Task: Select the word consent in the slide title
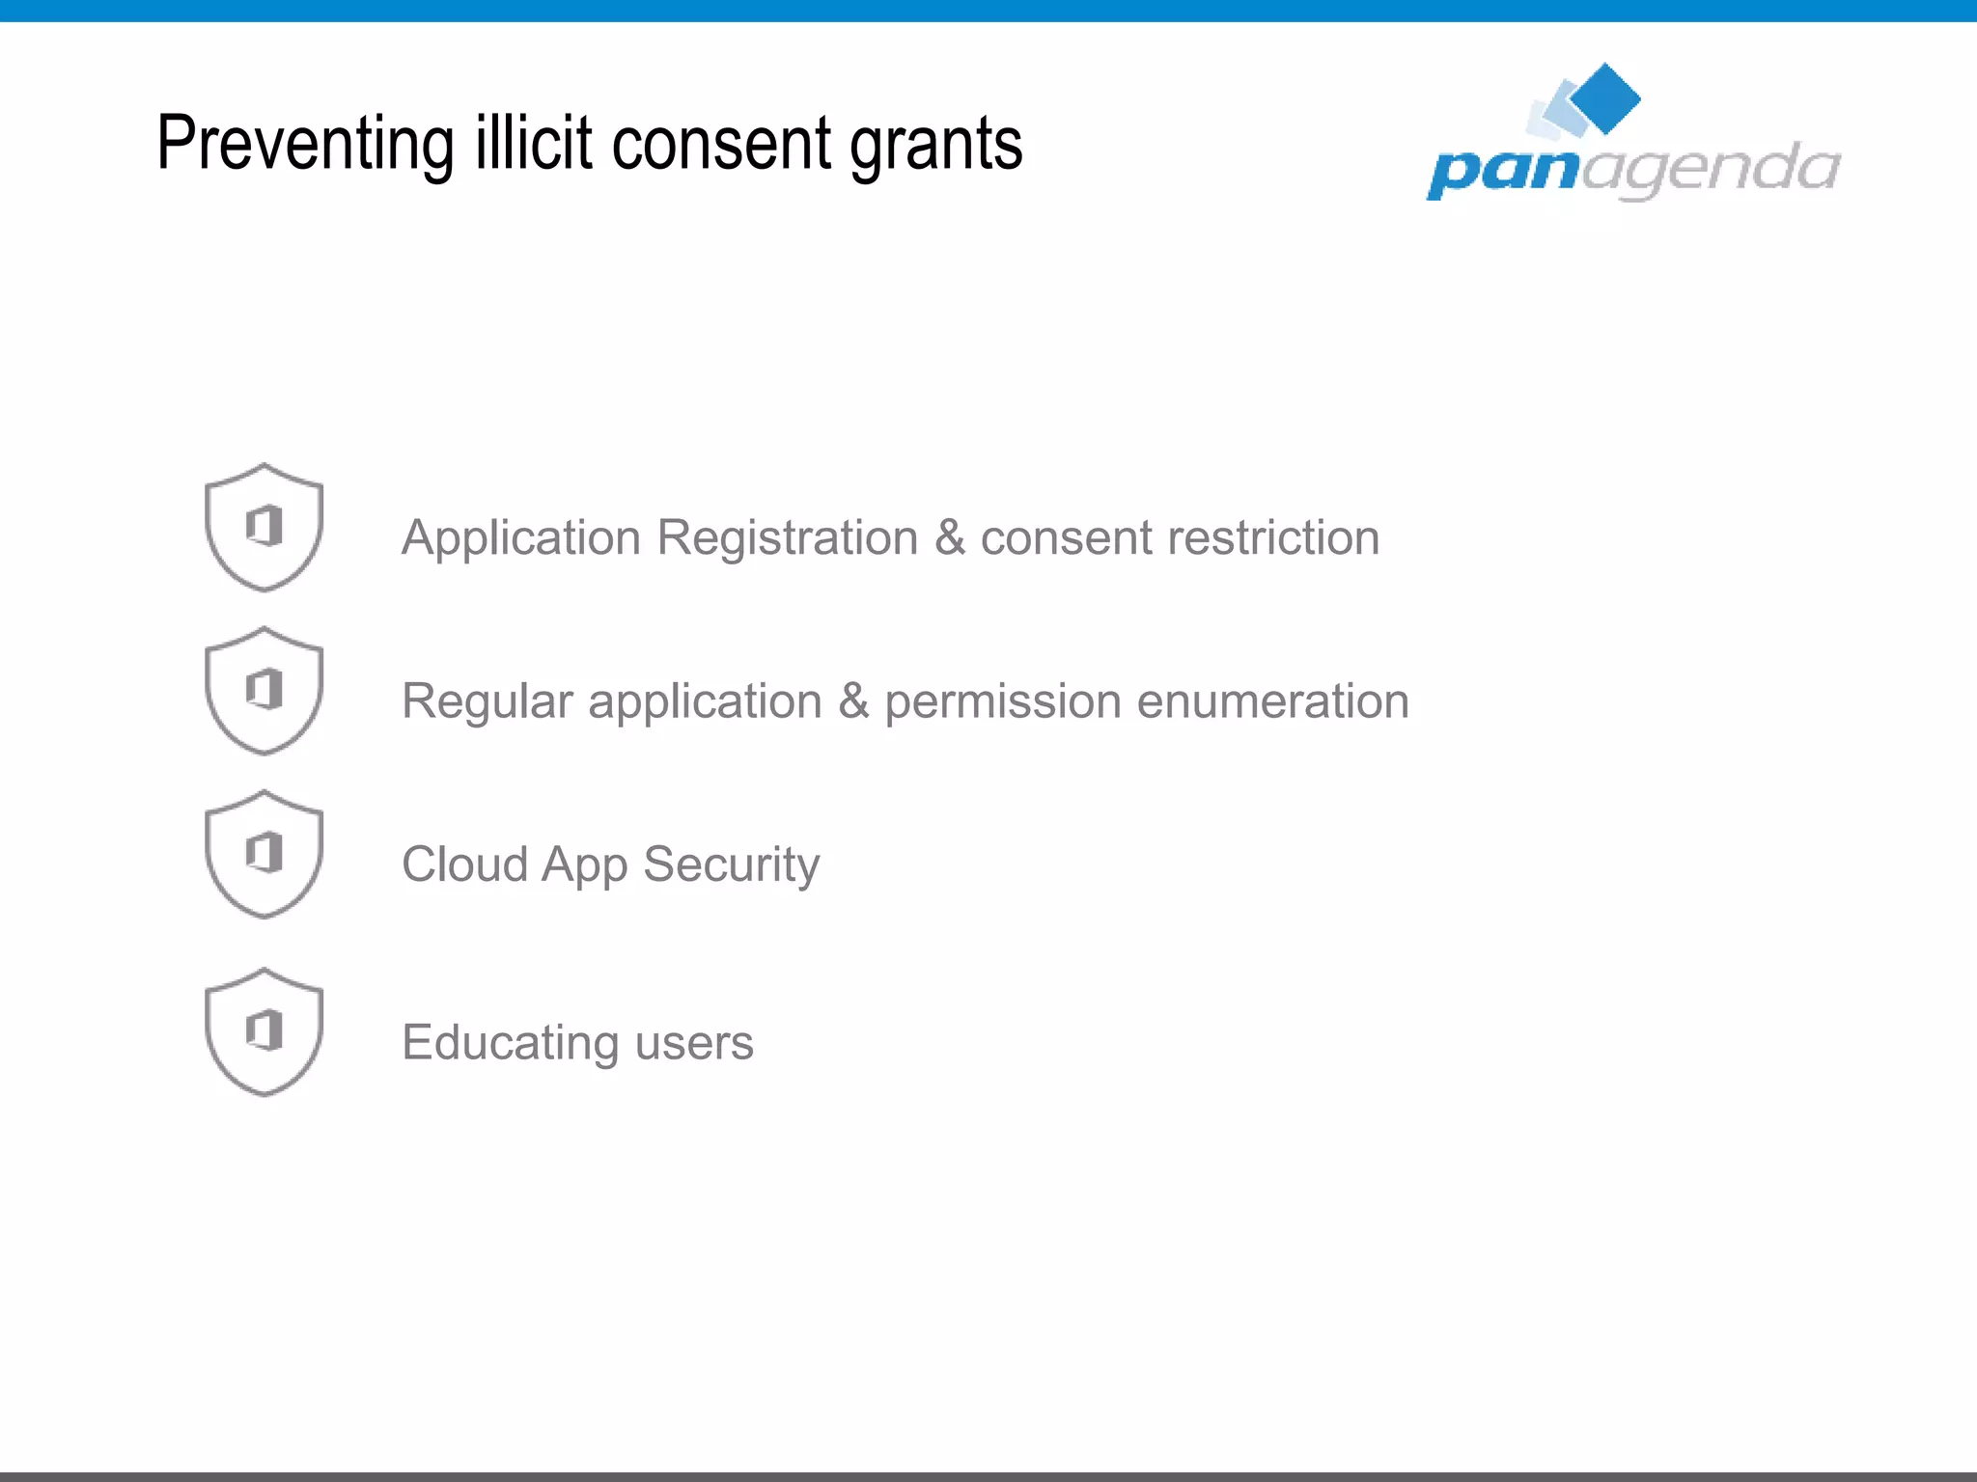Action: (x=721, y=145)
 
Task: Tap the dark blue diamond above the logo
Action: (x=1605, y=97)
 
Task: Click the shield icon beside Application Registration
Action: (x=264, y=527)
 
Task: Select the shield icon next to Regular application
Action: (x=264, y=691)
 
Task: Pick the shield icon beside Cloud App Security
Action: (x=264, y=854)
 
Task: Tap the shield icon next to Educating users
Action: (x=264, y=1031)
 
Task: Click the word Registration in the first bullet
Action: (x=787, y=538)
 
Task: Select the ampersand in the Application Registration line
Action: (x=949, y=538)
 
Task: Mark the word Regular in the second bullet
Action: (x=487, y=702)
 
